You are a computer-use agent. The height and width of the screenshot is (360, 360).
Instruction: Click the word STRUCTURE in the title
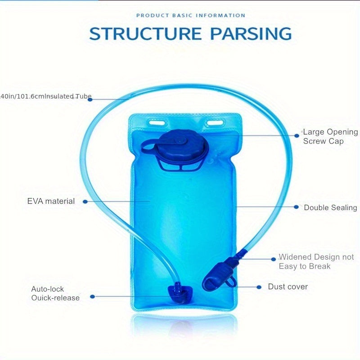145,34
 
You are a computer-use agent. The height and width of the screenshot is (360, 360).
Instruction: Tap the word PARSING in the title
251,34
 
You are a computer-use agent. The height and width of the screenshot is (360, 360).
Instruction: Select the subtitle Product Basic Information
190,16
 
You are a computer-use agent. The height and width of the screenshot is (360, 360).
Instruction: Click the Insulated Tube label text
45,96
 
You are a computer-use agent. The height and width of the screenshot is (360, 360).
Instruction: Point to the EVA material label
51,201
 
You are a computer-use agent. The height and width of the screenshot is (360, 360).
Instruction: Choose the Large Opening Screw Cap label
330,136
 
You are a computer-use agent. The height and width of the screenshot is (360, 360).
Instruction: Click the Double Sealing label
330,207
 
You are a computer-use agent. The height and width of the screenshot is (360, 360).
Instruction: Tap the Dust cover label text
288,287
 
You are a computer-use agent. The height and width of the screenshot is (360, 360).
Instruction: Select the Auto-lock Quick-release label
55,293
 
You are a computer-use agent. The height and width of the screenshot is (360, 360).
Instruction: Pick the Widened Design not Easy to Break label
316,261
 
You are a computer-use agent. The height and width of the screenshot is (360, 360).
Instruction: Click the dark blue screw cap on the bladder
182,145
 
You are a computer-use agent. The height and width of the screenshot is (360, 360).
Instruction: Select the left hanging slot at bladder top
157,122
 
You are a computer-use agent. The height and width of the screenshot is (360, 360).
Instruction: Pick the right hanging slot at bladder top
215,123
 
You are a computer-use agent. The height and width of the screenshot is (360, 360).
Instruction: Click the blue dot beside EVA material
85,202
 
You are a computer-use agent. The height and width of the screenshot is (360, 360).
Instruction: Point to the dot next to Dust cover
259,287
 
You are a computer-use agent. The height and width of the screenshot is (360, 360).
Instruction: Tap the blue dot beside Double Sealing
296,207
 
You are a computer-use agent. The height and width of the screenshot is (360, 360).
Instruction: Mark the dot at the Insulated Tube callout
90,99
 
